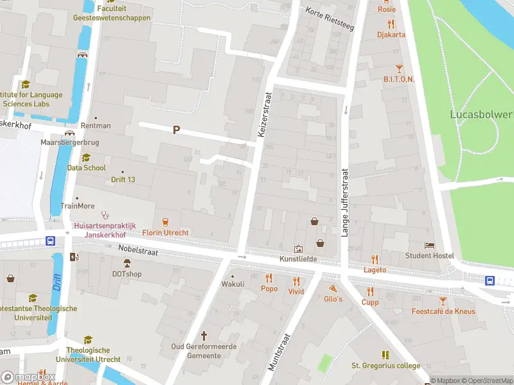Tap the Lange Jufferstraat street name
(344, 203)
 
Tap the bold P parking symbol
(176, 130)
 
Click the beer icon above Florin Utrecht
(166, 221)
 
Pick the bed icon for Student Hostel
(429, 245)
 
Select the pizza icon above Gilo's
(333, 288)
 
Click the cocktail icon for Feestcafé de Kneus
(443, 301)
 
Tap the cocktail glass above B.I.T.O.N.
(399, 68)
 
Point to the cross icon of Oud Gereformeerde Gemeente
(204, 336)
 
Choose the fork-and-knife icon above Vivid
(296, 280)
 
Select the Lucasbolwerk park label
(481, 114)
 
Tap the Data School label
(86, 168)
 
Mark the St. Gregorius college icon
(385, 355)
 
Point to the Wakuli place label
(233, 284)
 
